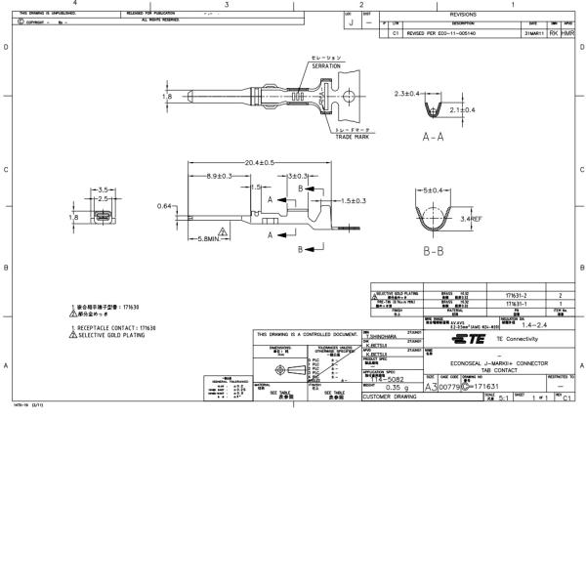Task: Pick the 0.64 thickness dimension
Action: coord(166,206)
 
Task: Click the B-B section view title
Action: coord(435,251)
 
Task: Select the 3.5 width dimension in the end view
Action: coord(102,188)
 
